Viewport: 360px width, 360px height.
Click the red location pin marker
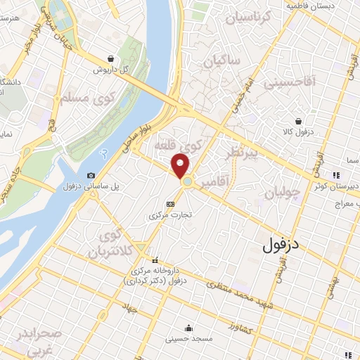point(181,166)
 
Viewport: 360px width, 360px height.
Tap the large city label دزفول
point(290,245)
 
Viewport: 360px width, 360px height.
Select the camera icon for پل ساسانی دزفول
point(91,175)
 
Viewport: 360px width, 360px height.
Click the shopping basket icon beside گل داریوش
point(112,59)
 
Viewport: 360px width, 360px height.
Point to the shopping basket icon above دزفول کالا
point(299,120)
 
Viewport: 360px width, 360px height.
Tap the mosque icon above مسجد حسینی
point(188,328)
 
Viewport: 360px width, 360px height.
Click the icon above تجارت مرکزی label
point(169,204)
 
